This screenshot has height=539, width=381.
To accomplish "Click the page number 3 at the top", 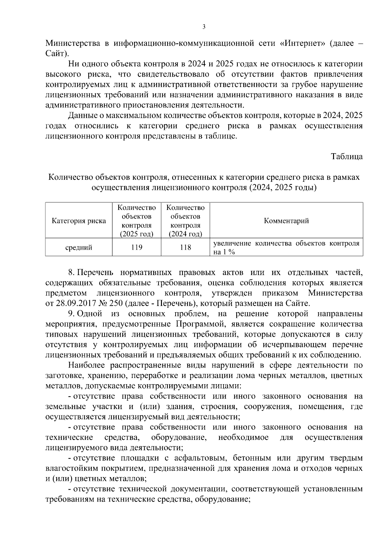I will pyautogui.click(x=204, y=27).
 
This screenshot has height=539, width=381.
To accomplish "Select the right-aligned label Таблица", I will pyautogui.click(x=347, y=157).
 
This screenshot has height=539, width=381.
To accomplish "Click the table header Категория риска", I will pyautogui.click(x=79, y=221).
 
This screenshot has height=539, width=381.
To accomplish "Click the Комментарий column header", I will pyautogui.click(x=286, y=221).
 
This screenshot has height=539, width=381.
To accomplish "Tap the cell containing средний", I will pyautogui.click(x=79, y=247).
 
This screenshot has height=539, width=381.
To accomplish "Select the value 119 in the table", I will pyautogui.click(x=137, y=247).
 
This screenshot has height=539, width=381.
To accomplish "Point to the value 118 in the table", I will pyautogui.click(x=185, y=247).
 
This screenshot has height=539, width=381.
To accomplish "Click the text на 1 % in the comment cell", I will pyautogui.click(x=224, y=252).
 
